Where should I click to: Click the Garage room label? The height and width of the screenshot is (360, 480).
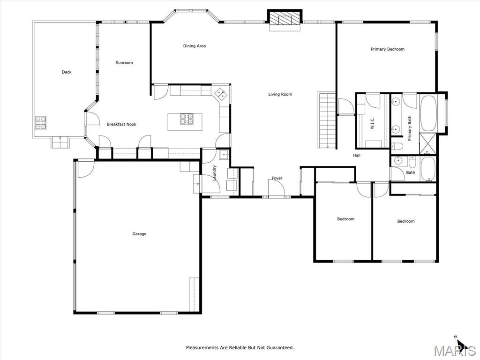[x=139, y=234]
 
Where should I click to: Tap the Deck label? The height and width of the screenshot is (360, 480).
[x=67, y=72]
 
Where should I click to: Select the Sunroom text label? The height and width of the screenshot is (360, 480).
[x=124, y=63]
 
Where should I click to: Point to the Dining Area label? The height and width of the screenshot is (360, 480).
[x=195, y=46]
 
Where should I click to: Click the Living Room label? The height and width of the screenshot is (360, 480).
[x=280, y=94]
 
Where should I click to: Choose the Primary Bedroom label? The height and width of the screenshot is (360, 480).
[x=388, y=49]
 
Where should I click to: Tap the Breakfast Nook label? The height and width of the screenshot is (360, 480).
[x=121, y=124]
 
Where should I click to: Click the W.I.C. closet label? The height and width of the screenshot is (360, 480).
[x=373, y=123]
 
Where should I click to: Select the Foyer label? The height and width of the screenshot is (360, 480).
[x=277, y=178]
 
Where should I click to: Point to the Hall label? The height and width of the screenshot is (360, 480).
[x=357, y=156]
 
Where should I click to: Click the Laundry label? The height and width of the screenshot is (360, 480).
[x=215, y=172]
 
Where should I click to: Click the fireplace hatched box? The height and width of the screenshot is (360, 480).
[x=285, y=18]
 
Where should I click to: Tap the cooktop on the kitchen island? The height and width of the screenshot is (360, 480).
[x=187, y=119]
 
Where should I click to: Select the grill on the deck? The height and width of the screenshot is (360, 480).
[x=40, y=123]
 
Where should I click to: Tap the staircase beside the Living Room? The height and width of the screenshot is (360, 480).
[x=327, y=120]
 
